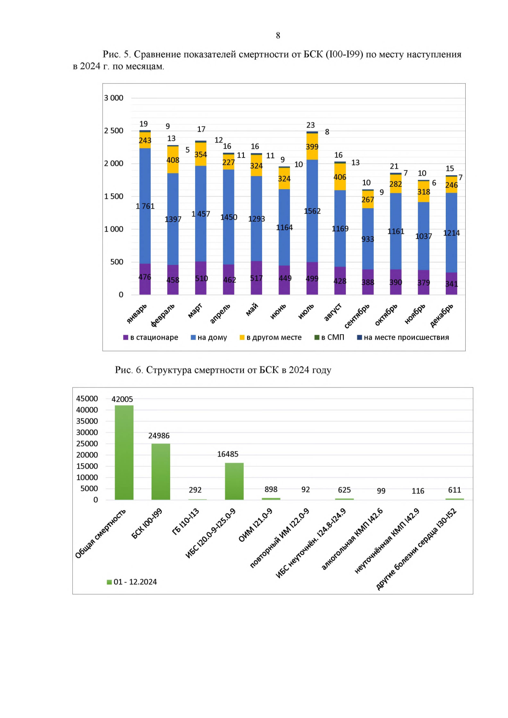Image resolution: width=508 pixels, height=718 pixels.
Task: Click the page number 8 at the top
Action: click(278, 36)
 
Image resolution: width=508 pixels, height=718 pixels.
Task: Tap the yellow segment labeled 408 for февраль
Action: click(173, 160)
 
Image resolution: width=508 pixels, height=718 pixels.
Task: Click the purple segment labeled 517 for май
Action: click(256, 278)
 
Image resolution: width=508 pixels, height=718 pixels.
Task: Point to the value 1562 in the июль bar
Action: click(312, 211)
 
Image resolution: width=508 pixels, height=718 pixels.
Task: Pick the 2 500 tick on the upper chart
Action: click(113, 131)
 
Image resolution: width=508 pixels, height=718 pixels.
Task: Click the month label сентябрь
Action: click(357, 316)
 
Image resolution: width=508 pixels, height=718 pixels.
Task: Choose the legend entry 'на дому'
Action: click(209, 337)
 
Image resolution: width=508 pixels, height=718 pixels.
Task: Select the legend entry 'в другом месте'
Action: click(271, 337)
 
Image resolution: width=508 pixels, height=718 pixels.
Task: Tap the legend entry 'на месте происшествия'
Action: click(403, 337)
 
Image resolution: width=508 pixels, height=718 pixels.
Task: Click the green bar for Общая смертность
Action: click(124, 452)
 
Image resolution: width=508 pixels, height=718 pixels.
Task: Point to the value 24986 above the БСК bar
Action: click(159, 436)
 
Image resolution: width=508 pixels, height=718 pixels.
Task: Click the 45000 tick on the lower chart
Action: click(87, 399)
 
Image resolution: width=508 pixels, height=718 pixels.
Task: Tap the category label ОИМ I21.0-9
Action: click(255, 525)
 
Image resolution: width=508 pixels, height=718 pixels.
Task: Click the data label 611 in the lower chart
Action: click(455, 490)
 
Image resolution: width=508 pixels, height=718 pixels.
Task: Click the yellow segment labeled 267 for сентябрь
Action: click(368, 199)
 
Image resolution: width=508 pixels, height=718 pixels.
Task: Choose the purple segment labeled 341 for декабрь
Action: click(451, 284)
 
